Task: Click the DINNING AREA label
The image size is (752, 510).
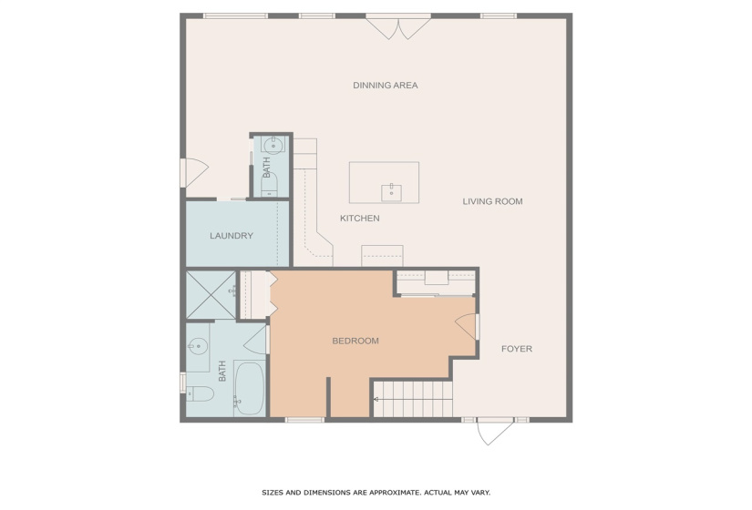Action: click(x=385, y=86)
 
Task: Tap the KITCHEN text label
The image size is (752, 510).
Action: click(x=359, y=219)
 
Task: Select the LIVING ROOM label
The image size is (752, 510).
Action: click(x=492, y=201)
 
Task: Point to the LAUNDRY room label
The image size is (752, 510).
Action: click(x=232, y=236)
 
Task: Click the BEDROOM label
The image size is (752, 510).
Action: click(x=355, y=341)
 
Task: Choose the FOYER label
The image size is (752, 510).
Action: click(x=516, y=349)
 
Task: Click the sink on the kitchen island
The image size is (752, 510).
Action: click(x=392, y=191)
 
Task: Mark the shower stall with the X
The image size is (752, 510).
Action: click(x=211, y=294)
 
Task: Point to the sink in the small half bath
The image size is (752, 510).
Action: click(x=273, y=145)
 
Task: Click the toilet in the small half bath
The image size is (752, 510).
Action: click(x=270, y=186)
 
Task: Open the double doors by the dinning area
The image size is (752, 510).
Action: click(x=398, y=26)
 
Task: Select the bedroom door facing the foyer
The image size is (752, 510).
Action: click(x=468, y=326)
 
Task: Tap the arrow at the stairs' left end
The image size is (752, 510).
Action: click(x=377, y=399)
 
